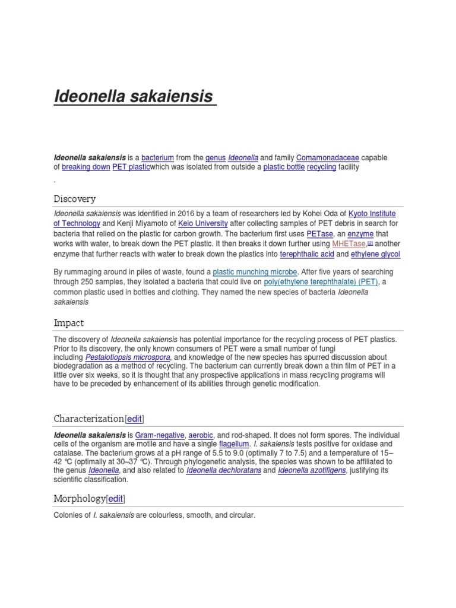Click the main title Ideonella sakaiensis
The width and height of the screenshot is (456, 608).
134,96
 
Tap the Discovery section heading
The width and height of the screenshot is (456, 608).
74,198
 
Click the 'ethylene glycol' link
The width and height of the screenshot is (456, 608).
376,254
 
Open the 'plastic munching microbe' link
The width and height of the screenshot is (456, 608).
255,273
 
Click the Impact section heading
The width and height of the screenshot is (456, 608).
68,323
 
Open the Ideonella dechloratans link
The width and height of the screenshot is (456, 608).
223,471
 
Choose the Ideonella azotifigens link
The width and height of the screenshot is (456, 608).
312,471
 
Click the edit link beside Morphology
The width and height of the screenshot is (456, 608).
116,499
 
